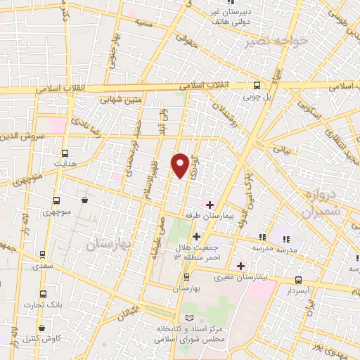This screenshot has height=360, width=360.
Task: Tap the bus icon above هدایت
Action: [x=65, y=153]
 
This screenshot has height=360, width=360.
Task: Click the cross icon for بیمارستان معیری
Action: [x=241, y=266]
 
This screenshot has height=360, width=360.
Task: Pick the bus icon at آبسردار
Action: [x=297, y=280]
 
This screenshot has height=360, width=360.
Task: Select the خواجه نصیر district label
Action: [x=276, y=41]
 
